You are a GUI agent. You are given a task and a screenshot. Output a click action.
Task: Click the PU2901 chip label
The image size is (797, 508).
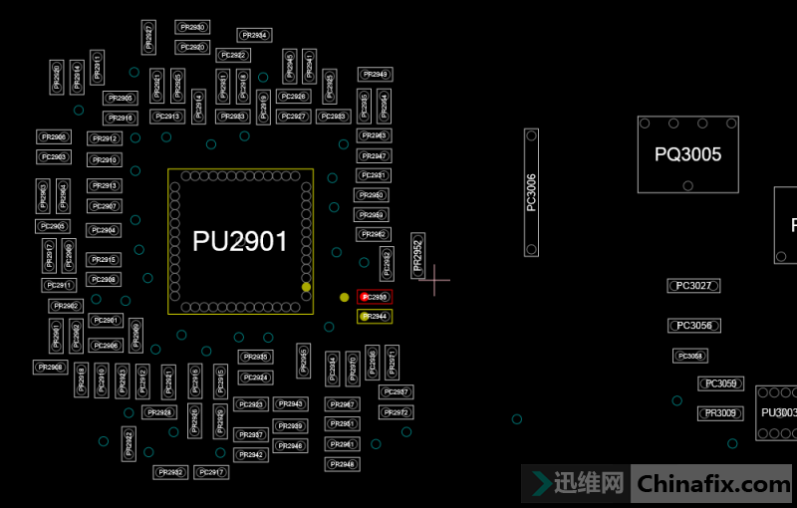pos(240,241)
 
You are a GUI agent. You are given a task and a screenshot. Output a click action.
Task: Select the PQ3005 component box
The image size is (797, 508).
pos(687,154)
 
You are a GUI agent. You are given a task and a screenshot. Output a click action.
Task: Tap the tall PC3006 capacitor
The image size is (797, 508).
pos(531,192)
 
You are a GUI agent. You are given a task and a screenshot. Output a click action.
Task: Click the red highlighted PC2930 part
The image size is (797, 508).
pos(375,297)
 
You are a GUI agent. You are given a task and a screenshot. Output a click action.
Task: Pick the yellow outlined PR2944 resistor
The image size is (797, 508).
pos(375,317)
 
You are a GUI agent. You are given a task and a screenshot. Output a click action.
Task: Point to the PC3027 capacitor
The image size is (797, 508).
pos(693,286)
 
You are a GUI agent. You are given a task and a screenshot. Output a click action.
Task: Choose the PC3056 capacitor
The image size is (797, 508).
pos(693,326)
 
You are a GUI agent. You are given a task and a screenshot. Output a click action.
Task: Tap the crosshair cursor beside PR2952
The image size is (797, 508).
pos(434,280)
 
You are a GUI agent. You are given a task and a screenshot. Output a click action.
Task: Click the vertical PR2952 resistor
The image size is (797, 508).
pos(417,257)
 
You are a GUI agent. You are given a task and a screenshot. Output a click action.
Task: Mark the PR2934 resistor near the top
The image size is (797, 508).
pos(254,35)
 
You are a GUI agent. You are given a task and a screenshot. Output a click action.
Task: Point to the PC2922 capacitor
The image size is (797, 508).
pos(232,55)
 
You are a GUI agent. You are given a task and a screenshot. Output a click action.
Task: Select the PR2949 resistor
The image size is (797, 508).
pos(375,75)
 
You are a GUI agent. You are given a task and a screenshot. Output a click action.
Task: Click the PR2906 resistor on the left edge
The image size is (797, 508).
pos(54,136)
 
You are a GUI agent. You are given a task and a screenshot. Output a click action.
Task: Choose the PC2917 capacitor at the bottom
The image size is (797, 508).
pos(212,472)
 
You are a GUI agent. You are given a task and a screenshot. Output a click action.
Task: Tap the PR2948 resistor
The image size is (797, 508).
pos(342,464)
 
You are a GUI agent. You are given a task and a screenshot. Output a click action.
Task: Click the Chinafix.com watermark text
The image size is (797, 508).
pos(712,485)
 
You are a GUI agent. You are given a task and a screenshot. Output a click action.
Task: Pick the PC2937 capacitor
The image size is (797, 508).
pos(396,391)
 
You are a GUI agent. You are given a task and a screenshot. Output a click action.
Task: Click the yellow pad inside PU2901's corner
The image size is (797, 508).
pos(306,287)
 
